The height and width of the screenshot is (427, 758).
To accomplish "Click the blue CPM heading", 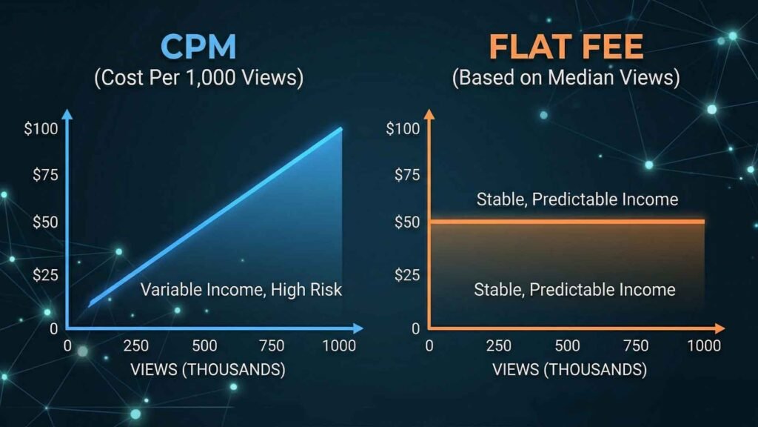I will point(198,46).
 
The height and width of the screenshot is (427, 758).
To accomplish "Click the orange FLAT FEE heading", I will point(566,46).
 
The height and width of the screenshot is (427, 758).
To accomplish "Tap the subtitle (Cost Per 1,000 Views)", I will point(198,79).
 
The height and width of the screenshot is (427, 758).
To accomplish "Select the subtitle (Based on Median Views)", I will point(566,79).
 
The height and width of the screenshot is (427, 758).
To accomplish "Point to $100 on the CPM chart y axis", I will point(40,128).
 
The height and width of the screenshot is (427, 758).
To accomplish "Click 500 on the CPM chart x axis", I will point(204,346).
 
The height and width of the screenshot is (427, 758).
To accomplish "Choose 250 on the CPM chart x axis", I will point(135,346).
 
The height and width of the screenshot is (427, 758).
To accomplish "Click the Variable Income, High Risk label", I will point(241,289).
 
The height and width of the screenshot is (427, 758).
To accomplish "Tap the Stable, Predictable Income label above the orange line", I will point(577,199).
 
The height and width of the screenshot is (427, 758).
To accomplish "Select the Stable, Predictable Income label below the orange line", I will point(574,289).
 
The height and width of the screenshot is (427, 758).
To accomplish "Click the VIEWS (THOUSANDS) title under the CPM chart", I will point(207,368).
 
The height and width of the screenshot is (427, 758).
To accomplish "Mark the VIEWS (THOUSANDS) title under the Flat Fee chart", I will point(569,368).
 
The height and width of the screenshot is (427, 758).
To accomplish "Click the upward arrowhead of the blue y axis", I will point(67,114).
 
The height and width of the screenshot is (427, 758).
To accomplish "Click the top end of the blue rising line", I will point(341,129).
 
